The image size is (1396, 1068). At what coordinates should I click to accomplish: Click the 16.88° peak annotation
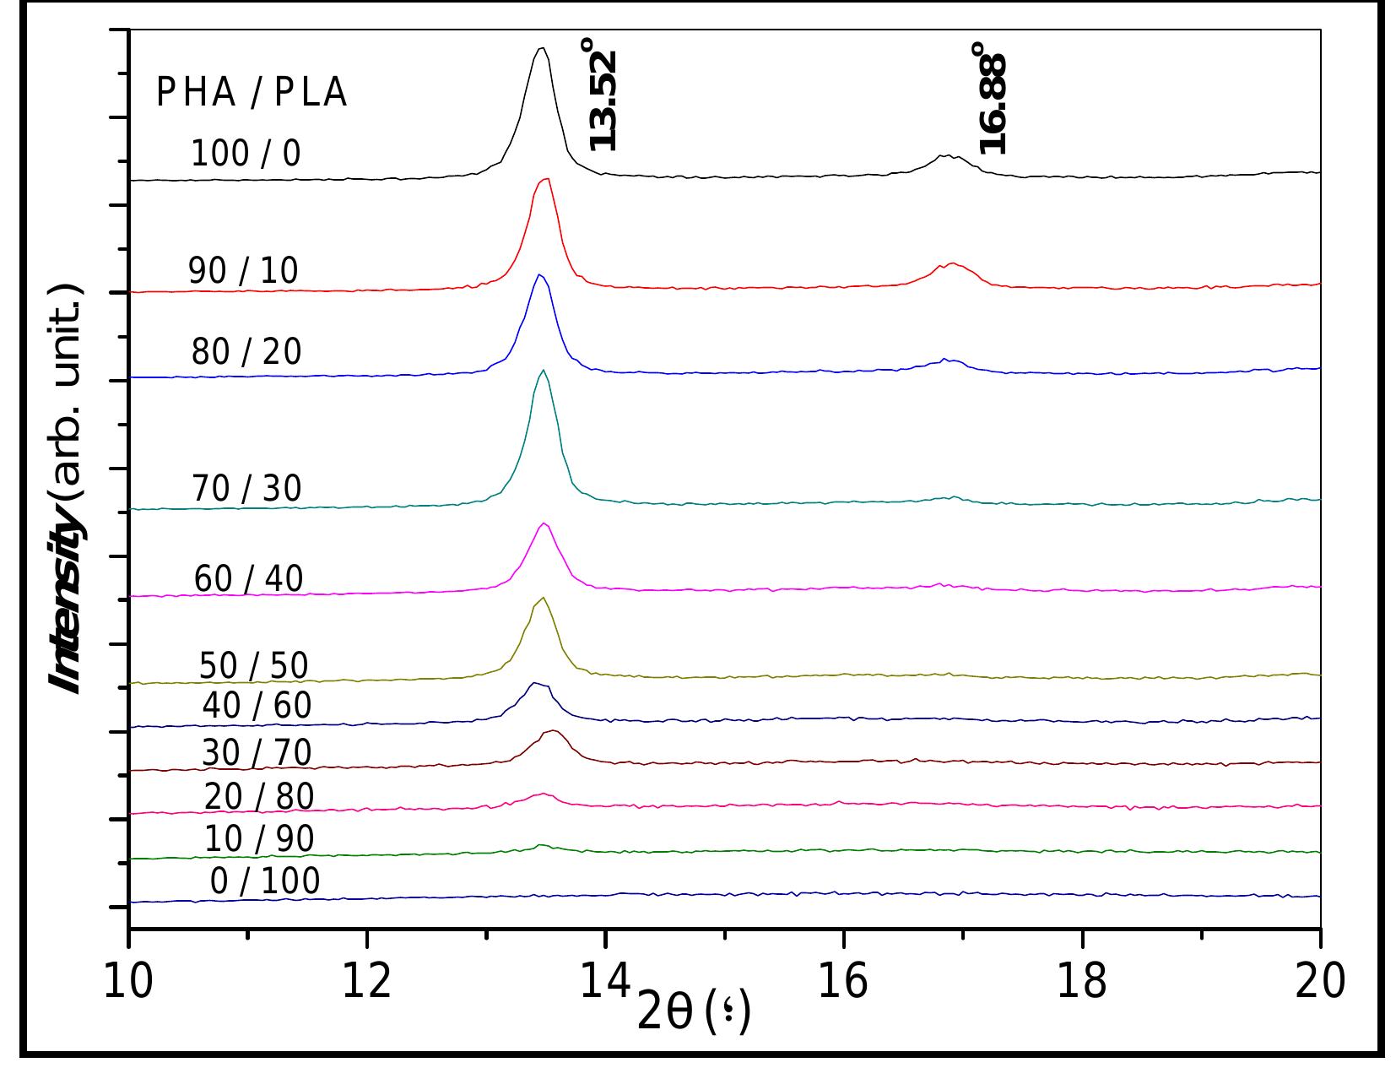point(993,98)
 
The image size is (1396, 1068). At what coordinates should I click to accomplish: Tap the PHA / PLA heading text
point(252,93)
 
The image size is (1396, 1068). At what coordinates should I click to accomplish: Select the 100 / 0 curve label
point(246,155)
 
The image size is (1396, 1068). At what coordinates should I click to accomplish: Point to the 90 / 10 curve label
point(243,271)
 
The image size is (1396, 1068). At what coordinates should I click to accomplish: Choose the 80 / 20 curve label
point(246,352)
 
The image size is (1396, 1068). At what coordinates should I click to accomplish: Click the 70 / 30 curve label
point(246,489)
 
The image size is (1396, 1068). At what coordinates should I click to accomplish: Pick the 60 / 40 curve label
point(248,579)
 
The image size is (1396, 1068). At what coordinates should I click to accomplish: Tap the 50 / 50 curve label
point(253,666)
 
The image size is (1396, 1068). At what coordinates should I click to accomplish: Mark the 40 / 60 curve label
point(257,706)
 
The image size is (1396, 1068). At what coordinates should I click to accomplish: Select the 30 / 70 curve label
point(257,752)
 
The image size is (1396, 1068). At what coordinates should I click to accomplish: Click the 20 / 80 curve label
point(258,796)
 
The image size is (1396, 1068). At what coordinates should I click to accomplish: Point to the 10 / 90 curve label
point(259,838)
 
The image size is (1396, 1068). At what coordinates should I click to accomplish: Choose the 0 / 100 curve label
point(265,881)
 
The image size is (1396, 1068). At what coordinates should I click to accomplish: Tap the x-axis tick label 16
point(843,983)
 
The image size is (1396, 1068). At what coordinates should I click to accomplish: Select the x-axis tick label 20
point(1319,983)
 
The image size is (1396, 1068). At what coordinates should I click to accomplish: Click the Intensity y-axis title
point(68,490)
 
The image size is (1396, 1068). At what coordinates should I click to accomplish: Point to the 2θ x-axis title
point(692,1013)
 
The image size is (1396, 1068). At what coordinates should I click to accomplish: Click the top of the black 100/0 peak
point(542,49)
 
